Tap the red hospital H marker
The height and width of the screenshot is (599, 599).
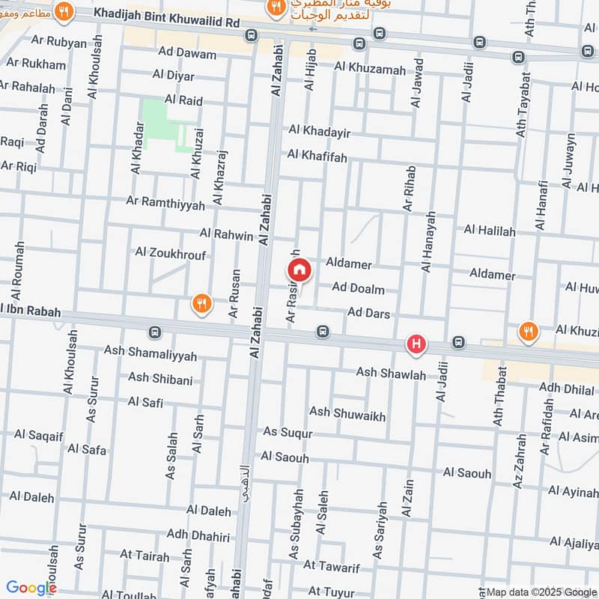click(416, 345)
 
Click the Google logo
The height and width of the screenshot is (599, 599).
click(31, 588)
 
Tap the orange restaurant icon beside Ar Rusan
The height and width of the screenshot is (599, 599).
click(200, 304)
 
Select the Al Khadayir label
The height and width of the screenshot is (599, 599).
click(320, 132)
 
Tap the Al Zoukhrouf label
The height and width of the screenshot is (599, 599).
click(170, 255)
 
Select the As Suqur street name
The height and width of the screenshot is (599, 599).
click(288, 432)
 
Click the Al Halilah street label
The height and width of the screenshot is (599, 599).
click(490, 231)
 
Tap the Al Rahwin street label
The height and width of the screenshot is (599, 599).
click(226, 235)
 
